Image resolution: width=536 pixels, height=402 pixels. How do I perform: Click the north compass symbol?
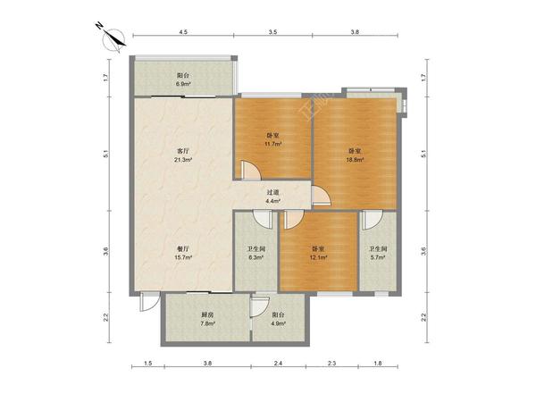(113, 38)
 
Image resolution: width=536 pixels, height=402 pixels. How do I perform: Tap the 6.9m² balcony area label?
(183, 84)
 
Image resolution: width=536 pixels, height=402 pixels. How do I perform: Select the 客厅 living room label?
(183, 151)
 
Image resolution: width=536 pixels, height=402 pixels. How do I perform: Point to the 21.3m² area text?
(183, 160)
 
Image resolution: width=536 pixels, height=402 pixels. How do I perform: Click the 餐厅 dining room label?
(183, 249)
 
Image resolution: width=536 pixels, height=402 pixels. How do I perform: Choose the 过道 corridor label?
(272, 193)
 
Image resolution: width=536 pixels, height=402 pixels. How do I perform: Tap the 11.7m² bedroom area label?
(272, 144)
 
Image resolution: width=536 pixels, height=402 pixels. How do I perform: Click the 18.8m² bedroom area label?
(355, 160)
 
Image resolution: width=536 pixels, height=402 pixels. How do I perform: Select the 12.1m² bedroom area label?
(319, 257)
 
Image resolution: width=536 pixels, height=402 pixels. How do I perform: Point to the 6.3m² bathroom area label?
(255, 257)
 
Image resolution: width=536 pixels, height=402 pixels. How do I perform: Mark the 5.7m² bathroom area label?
(378, 257)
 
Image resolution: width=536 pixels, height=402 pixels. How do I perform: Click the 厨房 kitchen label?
(207, 314)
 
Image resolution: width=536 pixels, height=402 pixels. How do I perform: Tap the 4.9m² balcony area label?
(278, 323)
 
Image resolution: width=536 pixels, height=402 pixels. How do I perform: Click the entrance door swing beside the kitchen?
(149, 301)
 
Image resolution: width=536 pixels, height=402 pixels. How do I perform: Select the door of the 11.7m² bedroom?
(251, 170)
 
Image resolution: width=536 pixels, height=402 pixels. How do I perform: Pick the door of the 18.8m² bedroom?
(322, 196)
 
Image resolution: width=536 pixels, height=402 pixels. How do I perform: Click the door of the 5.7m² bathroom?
(373, 220)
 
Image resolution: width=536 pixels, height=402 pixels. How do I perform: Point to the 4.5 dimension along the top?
(183, 32)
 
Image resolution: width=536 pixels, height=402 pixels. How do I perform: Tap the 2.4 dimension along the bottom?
(278, 364)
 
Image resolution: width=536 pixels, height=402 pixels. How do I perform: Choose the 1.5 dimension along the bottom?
(147, 364)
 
